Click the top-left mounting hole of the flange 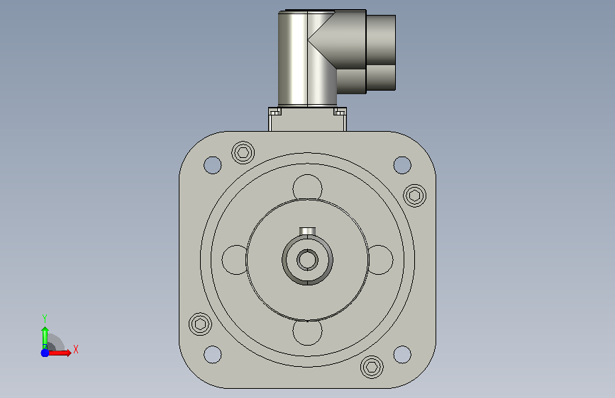pyautogui.click(x=213, y=165)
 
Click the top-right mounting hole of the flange pyautogui.click(x=402, y=165)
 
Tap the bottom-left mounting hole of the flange pyautogui.click(x=213, y=355)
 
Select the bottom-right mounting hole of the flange pyautogui.click(x=402, y=355)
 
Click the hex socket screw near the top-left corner pyautogui.click(x=243, y=152)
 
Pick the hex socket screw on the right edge pyautogui.click(x=414, y=195)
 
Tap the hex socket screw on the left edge pyautogui.click(x=200, y=324)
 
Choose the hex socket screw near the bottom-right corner pyautogui.click(x=372, y=367)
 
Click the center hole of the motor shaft pyautogui.click(x=308, y=260)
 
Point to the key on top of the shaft pyautogui.click(x=308, y=231)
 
